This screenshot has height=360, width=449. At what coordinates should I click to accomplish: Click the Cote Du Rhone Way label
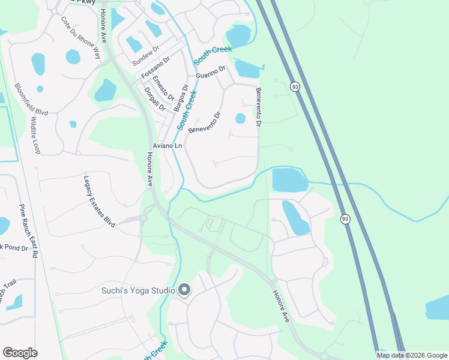80,37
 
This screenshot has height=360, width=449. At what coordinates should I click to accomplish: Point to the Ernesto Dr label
163,88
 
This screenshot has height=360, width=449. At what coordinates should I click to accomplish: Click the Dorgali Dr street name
155,98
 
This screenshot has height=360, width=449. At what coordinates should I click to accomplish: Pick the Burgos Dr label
180,98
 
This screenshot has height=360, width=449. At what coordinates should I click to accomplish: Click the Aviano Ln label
167,146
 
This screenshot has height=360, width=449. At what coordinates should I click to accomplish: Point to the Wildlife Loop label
34,136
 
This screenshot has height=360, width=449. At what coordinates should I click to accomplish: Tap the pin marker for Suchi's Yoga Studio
184,290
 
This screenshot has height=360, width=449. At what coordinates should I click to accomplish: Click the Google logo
20,353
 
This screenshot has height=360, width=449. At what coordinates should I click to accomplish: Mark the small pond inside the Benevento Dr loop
240,118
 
